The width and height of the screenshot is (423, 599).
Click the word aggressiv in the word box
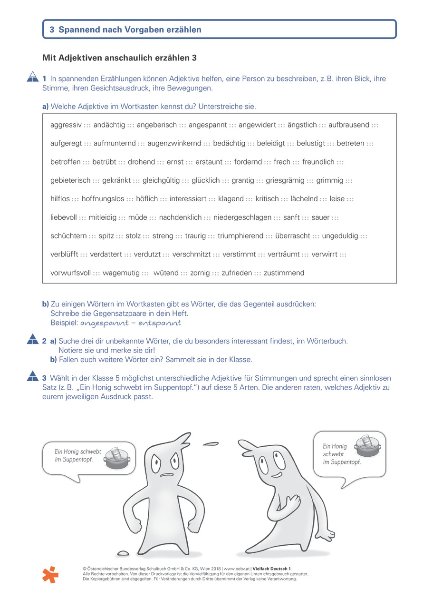coord(66,125)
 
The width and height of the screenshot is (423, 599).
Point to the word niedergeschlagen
coord(242,217)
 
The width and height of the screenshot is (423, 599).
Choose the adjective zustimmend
coord(284,273)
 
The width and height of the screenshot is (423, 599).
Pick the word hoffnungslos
coord(103,199)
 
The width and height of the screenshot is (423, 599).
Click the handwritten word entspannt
coord(160,323)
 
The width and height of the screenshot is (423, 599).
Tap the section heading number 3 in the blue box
coord(52,29)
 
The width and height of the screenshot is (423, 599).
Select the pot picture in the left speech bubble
coord(117,459)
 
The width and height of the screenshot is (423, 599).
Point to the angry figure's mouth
coord(166,475)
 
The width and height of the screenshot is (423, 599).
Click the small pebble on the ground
coord(123,553)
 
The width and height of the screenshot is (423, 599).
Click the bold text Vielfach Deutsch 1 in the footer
coord(271,568)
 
